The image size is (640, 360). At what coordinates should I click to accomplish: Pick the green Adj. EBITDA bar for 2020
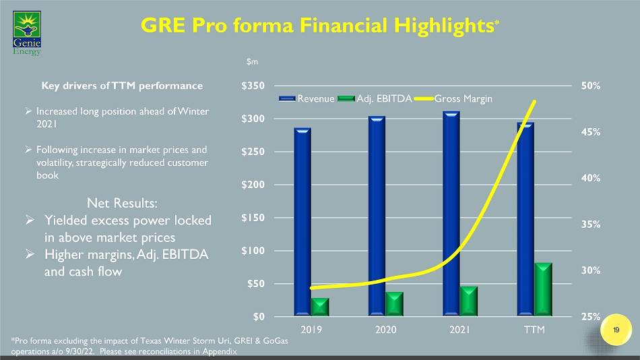pos(394,303)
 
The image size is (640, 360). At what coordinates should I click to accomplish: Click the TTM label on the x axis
pos(536,330)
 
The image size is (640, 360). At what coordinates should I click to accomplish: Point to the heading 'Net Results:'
pos(123,202)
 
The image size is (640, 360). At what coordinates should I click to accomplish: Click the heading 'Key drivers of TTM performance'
pos(123,86)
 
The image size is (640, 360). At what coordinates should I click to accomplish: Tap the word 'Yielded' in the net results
pos(70,220)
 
